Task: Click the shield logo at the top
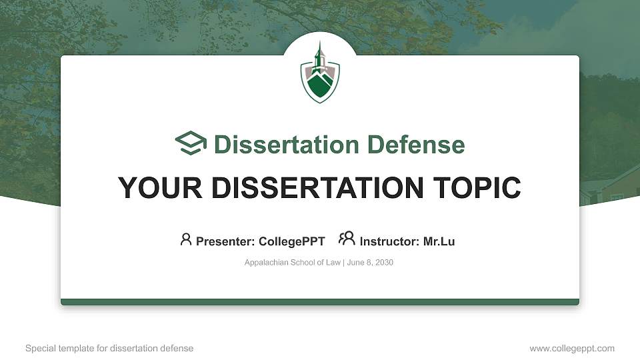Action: (x=320, y=75)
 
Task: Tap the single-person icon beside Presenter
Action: (x=186, y=239)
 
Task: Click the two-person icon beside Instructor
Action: (x=347, y=239)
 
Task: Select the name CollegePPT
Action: (x=293, y=241)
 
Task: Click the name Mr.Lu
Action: (x=439, y=241)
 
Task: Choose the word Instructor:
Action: (x=389, y=241)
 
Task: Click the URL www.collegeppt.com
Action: (x=572, y=348)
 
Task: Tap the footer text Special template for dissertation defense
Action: (x=109, y=348)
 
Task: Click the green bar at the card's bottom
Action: (x=320, y=302)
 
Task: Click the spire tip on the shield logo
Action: (x=320, y=43)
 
